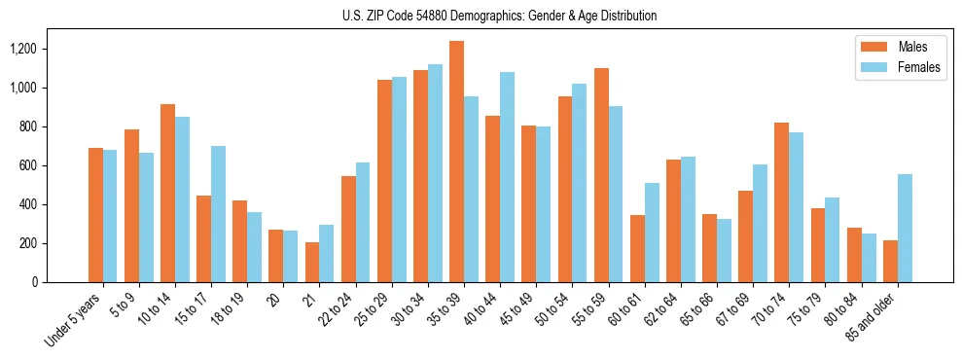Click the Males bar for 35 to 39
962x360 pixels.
coord(457,162)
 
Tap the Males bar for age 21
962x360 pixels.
coord(312,262)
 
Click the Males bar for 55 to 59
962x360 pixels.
coord(601,175)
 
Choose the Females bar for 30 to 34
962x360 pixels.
coord(435,173)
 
